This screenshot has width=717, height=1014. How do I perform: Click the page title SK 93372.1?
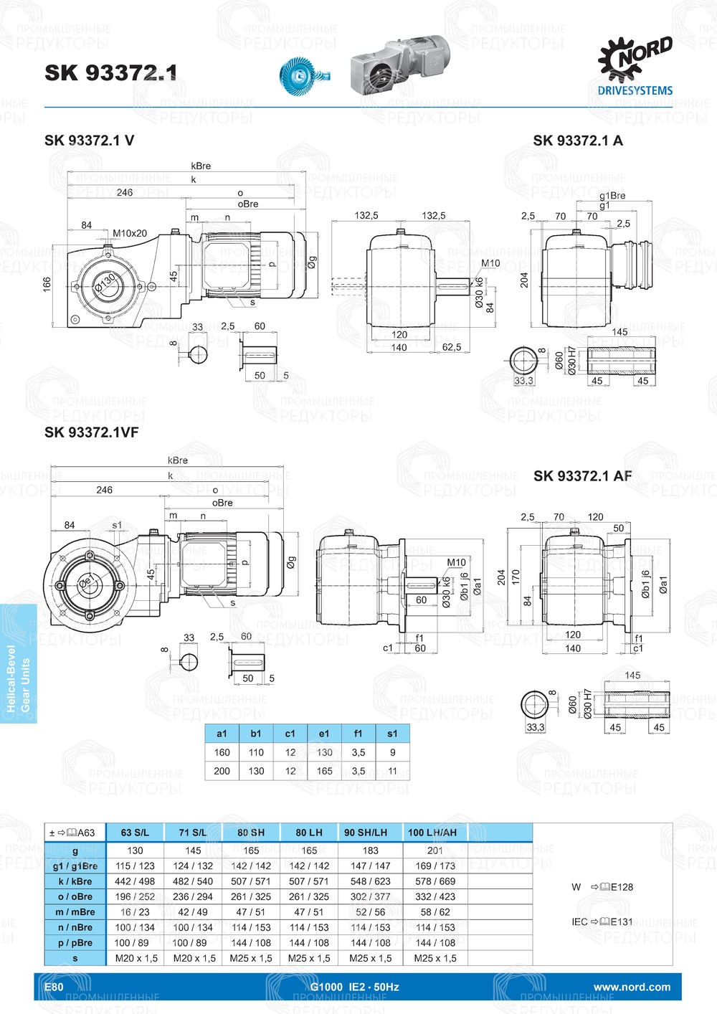(110, 72)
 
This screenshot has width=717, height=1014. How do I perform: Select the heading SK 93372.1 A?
(577, 141)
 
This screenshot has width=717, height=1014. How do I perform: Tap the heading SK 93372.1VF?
(91, 432)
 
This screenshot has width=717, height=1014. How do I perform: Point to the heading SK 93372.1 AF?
(582, 476)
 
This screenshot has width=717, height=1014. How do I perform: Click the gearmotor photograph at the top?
(402, 65)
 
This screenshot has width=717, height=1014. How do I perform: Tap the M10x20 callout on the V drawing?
(130, 233)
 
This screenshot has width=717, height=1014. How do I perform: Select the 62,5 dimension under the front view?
(452, 347)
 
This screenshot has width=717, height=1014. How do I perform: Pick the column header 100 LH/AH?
(432, 833)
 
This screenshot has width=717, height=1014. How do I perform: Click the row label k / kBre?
(75, 881)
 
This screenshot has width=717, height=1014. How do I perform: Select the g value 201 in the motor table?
(435, 850)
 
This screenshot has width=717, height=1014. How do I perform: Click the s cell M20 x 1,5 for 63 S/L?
(136, 958)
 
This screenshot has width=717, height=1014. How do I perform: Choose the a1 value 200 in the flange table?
(222, 771)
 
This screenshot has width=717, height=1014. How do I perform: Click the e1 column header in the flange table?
(324, 734)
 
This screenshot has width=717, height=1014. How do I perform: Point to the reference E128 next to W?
(622, 887)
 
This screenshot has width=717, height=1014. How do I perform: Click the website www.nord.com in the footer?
(632, 987)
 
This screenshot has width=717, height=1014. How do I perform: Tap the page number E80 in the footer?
(54, 987)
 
